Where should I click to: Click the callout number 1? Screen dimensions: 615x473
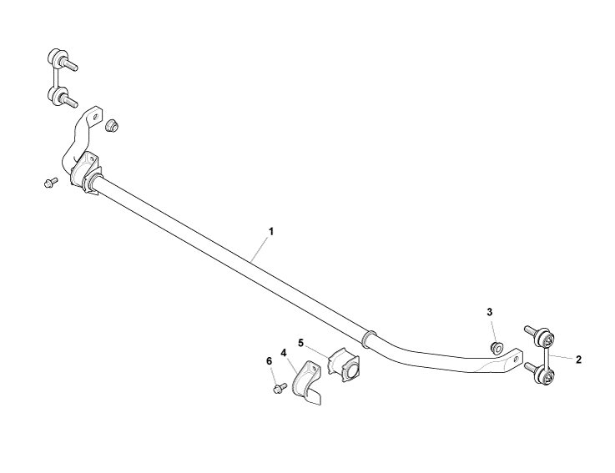point(270,231)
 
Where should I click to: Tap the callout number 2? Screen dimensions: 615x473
point(578,360)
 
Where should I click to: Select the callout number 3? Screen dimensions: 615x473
point(490,312)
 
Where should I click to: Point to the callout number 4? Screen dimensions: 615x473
point(284,353)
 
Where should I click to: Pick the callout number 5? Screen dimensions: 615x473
point(301,343)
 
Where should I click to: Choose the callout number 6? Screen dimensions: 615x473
point(269,361)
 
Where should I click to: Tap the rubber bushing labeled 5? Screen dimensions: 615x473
point(344,365)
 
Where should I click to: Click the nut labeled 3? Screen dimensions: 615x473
point(497,348)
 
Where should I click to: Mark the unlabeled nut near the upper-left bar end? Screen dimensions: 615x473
point(113,125)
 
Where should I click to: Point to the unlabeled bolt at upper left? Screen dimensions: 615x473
point(51,183)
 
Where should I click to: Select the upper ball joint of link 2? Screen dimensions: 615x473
point(540,335)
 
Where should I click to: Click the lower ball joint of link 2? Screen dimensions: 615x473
point(540,373)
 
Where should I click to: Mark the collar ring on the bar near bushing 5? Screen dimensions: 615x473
point(369,339)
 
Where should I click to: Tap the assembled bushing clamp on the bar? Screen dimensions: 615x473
point(86,174)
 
